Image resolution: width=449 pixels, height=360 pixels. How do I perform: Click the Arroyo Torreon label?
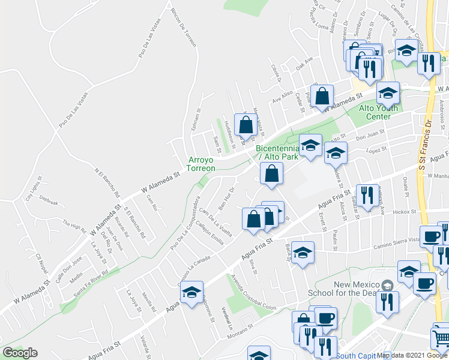[202, 164]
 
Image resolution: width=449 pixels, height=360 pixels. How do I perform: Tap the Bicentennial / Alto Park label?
[277, 152]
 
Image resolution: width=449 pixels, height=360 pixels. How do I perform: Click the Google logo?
[20, 353]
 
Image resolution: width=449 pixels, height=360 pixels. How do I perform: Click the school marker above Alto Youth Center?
[388, 92]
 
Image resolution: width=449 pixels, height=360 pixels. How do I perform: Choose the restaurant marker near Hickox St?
[368, 194]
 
